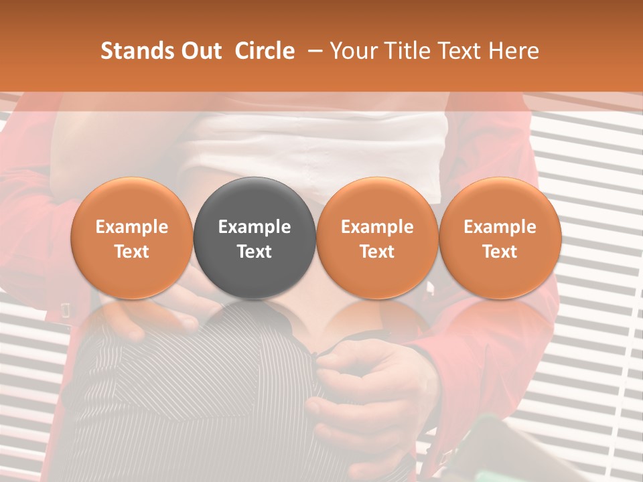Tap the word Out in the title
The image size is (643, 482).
pyautogui.click(x=199, y=51)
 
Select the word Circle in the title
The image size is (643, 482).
pyautogui.click(x=265, y=51)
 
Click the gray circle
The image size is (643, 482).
pyautogui.click(x=255, y=238)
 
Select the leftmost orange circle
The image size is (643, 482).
pyautogui.click(x=131, y=238)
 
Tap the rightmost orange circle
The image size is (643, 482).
pyautogui.click(x=500, y=238)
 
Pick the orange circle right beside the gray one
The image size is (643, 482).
pyautogui.click(x=377, y=238)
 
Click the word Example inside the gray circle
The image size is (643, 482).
pyautogui.click(x=255, y=227)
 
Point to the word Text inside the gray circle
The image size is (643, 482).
pyautogui.click(x=255, y=252)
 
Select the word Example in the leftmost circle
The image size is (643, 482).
pyautogui.click(x=131, y=227)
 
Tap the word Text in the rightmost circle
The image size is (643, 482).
pyautogui.click(x=500, y=252)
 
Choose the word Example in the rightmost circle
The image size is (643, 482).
pyautogui.click(x=500, y=227)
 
